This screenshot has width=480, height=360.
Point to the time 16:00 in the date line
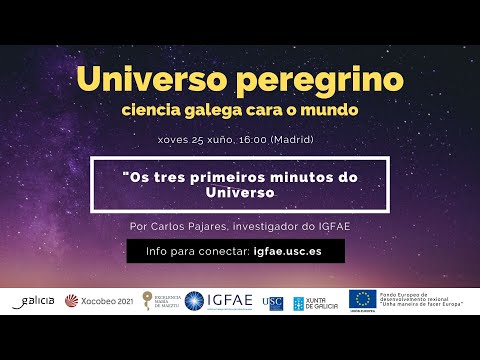250,138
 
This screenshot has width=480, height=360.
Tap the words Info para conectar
197,252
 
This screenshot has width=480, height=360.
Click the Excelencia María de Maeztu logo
160,301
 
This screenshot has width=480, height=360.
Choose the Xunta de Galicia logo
313,301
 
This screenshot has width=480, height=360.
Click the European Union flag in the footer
362,299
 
